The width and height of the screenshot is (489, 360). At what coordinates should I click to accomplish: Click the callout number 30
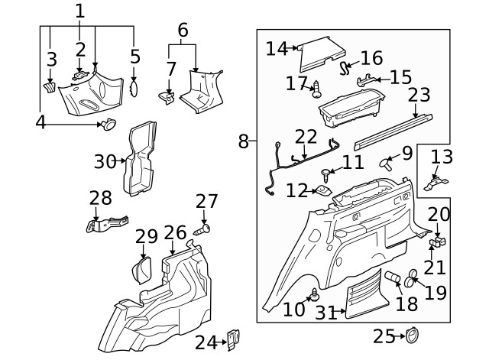click(x=106, y=161)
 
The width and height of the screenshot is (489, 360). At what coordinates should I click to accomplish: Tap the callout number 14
click(x=276, y=48)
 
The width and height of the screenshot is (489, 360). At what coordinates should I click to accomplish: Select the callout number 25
click(x=384, y=336)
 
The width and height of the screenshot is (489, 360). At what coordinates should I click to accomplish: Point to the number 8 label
click(x=243, y=141)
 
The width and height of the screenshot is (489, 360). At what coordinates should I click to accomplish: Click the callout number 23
click(x=419, y=96)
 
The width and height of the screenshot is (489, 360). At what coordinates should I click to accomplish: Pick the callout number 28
click(x=100, y=198)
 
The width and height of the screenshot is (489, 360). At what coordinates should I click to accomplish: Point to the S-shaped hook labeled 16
click(x=345, y=69)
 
